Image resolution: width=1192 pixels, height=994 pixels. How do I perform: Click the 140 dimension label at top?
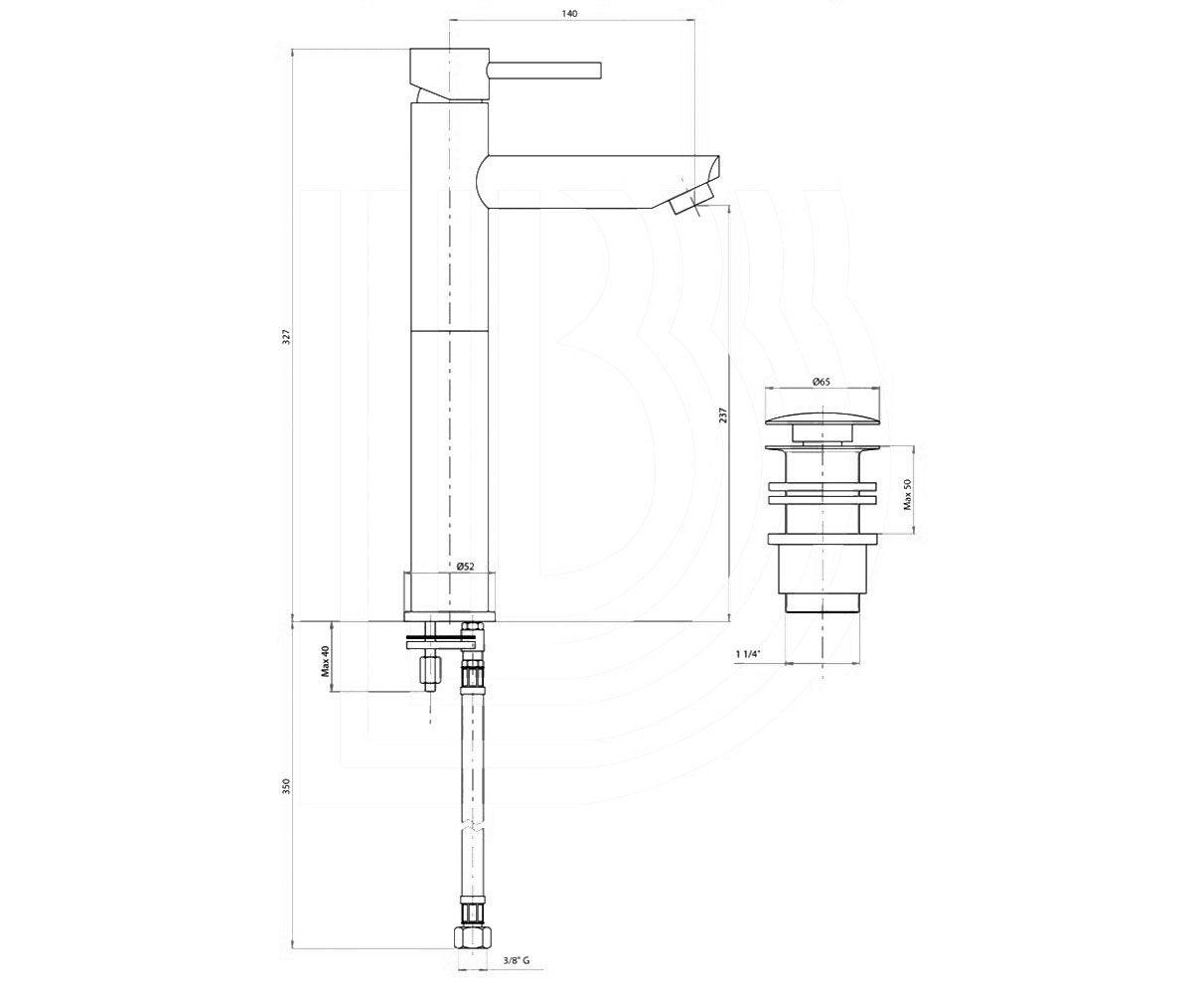tap(572, 14)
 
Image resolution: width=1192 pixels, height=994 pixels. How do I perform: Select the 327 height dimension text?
tap(288, 337)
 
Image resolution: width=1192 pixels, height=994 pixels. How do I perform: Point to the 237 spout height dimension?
tap(724, 414)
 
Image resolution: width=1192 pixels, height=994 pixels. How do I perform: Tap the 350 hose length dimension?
tap(287, 786)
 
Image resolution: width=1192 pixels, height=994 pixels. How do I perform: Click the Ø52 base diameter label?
tap(465, 567)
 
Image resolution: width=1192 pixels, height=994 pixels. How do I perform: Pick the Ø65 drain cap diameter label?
tap(820, 382)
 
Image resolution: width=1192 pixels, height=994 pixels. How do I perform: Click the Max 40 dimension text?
tap(326, 661)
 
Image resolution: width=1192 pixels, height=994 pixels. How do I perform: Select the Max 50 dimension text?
tap(907, 495)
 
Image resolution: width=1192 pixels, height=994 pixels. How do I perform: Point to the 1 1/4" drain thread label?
tap(748, 653)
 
